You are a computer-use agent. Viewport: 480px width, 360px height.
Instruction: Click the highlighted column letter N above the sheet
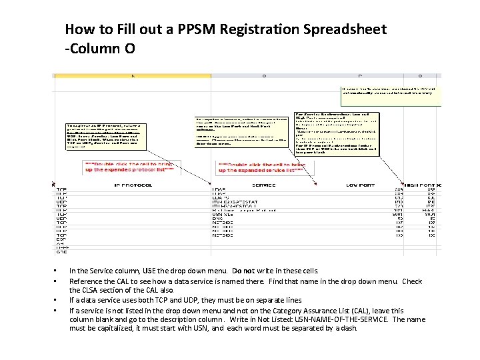[x=133, y=76]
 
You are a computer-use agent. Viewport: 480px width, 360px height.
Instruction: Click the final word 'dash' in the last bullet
[x=350, y=329]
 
